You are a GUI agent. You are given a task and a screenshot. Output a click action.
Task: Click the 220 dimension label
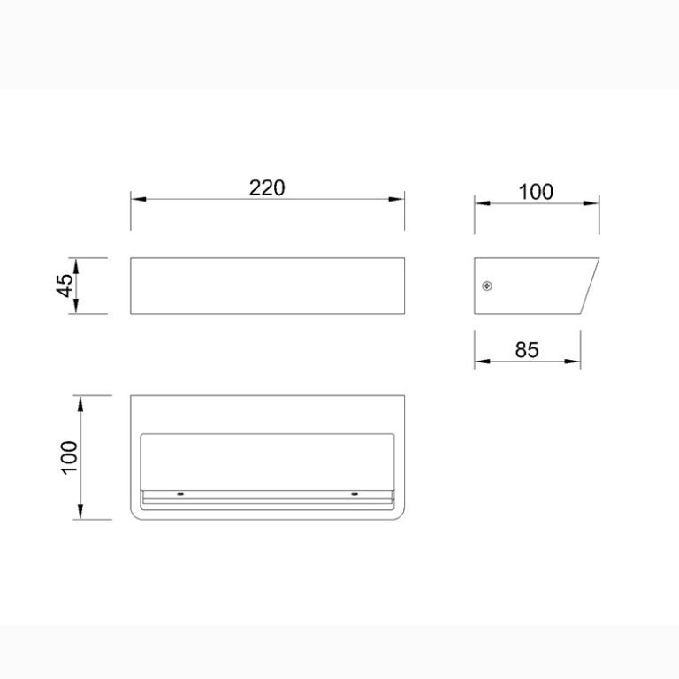pos(267,188)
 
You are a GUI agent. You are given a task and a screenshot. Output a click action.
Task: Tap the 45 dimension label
pos(65,286)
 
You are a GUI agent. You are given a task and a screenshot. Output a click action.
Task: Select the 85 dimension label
pos(527,349)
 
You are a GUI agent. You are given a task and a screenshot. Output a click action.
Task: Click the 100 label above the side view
pos(536,192)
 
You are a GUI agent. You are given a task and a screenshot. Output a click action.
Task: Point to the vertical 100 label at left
pos(69,458)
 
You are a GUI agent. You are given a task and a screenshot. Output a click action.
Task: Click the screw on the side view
pos(487,286)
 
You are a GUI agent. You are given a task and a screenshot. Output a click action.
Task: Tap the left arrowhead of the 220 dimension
pos(139,199)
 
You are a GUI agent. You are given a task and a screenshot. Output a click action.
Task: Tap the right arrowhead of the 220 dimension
pos(396,199)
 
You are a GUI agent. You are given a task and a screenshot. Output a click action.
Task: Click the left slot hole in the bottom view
pos(180,494)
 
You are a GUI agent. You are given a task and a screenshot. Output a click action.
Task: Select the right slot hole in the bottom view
pos(355,494)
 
